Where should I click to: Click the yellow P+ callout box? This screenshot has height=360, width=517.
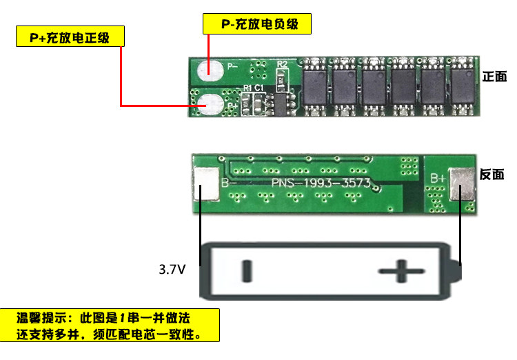71,37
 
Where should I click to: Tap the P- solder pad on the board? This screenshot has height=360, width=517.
207,69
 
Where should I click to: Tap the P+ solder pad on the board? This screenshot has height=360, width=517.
209,104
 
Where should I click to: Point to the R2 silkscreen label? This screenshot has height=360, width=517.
281,65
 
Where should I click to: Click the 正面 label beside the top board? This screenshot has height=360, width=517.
495,77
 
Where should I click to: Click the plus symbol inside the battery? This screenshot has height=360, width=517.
403,271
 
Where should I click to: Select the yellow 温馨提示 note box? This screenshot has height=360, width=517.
110,325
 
